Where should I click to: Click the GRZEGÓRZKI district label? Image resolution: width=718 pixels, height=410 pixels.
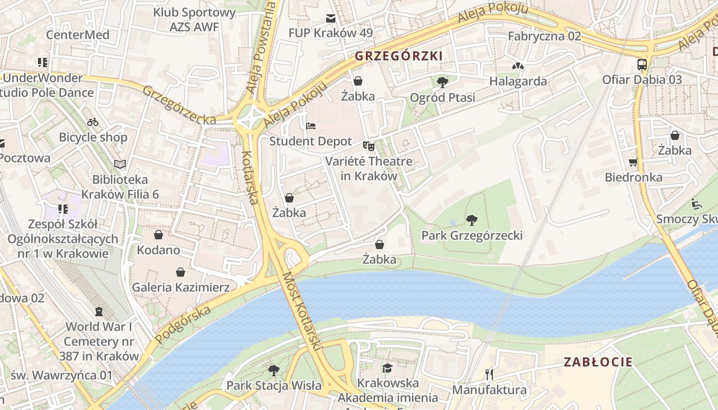pyautogui.click(x=398, y=56)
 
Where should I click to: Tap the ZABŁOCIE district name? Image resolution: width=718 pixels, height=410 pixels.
pyautogui.click(x=598, y=362)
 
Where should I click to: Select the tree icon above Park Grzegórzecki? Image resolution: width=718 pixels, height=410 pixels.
pyautogui.click(x=472, y=221)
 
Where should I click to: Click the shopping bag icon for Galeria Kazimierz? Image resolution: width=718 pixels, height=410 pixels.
pyautogui.click(x=180, y=272)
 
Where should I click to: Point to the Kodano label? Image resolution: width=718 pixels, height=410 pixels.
pyautogui.click(x=158, y=250)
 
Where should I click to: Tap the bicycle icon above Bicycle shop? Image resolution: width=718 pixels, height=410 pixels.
pyautogui.click(x=93, y=122)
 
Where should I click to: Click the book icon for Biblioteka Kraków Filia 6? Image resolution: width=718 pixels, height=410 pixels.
pyautogui.click(x=120, y=165)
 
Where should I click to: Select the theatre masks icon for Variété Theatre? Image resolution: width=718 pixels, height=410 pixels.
pyautogui.click(x=368, y=146)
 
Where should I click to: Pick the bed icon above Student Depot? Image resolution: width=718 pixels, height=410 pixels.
pyautogui.click(x=311, y=126)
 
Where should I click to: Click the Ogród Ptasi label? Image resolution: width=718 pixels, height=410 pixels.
pyautogui.click(x=442, y=97)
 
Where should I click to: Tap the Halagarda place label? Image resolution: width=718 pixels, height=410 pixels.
pyautogui.click(x=518, y=81)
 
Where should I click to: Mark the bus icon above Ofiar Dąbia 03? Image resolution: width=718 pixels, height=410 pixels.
pyautogui.click(x=642, y=65)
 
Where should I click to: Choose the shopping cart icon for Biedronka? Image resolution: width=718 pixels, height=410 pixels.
pyautogui.click(x=633, y=162)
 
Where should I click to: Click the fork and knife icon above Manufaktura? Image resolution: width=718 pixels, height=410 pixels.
pyautogui.click(x=489, y=375)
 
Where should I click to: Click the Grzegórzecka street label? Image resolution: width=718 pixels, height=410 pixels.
pyautogui.click(x=179, y=105)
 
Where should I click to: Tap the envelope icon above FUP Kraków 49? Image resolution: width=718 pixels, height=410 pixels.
pyautogui.click(x=331, y=18)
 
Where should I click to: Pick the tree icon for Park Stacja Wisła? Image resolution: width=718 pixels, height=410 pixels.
pyautogui.click(x=274, y=370)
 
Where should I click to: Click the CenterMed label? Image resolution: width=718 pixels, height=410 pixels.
pyautogui.click(x=78, y=35)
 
